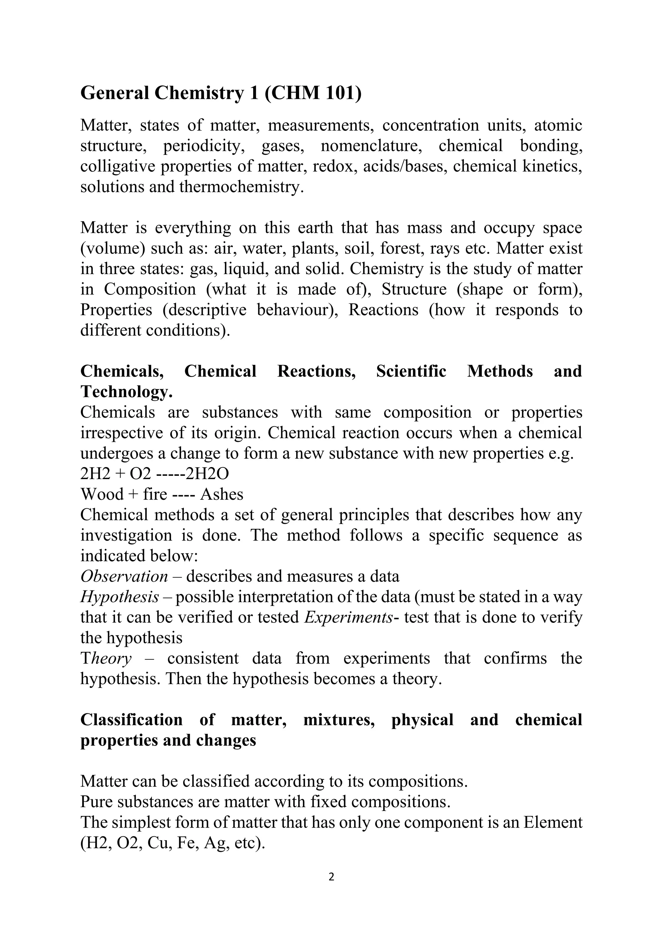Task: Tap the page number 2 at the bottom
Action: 331,877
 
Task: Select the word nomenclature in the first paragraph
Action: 371,146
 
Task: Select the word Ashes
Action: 222,494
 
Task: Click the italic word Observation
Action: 124,577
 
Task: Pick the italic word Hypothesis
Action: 119,597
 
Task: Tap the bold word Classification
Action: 131,719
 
